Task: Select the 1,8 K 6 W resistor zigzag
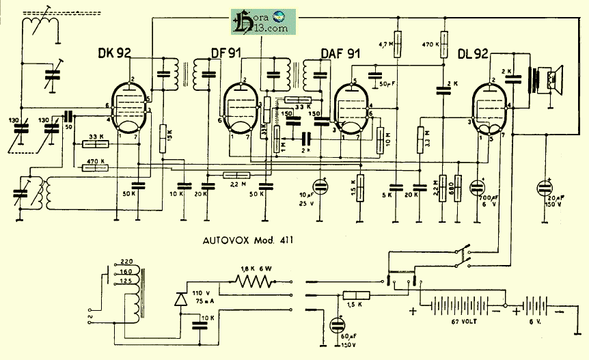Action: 254,281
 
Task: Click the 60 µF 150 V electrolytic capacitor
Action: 336,327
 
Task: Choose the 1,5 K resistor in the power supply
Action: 354,295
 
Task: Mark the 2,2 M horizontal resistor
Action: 238,176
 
